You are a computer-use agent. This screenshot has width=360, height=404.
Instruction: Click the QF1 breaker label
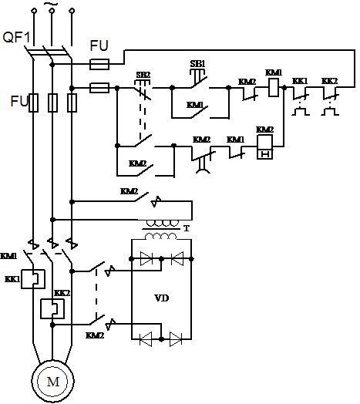[16, 37]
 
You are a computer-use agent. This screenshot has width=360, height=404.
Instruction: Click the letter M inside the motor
[53, 382]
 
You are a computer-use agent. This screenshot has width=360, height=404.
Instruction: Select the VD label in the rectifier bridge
[162, 298]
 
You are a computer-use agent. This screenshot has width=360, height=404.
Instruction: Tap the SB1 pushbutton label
[197, 63]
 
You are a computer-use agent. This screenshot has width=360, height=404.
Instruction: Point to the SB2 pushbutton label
[143, 75]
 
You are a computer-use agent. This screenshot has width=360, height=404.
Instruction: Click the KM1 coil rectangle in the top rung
[274, 88]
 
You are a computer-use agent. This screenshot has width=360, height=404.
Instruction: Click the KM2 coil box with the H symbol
[265, 146]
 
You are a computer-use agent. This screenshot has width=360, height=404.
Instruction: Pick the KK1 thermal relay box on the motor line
[32, 279]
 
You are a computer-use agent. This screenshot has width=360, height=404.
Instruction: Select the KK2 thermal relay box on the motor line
[52, 308]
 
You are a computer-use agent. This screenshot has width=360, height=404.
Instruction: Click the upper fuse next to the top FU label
[99, 64]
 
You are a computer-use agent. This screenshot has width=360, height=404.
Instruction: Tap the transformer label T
[187, 228]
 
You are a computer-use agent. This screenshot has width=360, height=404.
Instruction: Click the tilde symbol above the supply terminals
[51, 4]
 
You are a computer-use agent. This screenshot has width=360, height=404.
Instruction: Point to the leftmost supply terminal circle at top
[34, 10]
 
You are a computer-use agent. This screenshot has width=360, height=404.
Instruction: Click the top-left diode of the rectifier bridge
[146, 259]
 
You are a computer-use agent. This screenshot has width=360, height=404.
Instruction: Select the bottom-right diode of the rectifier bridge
[176, 339]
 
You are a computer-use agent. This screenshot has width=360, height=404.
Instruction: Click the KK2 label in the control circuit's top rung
[329, 81]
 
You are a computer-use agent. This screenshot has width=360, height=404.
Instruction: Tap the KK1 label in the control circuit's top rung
[300, 81]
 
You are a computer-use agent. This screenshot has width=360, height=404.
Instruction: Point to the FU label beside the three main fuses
[19, 101]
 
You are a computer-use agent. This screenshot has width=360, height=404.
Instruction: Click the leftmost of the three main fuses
[33, 103]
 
